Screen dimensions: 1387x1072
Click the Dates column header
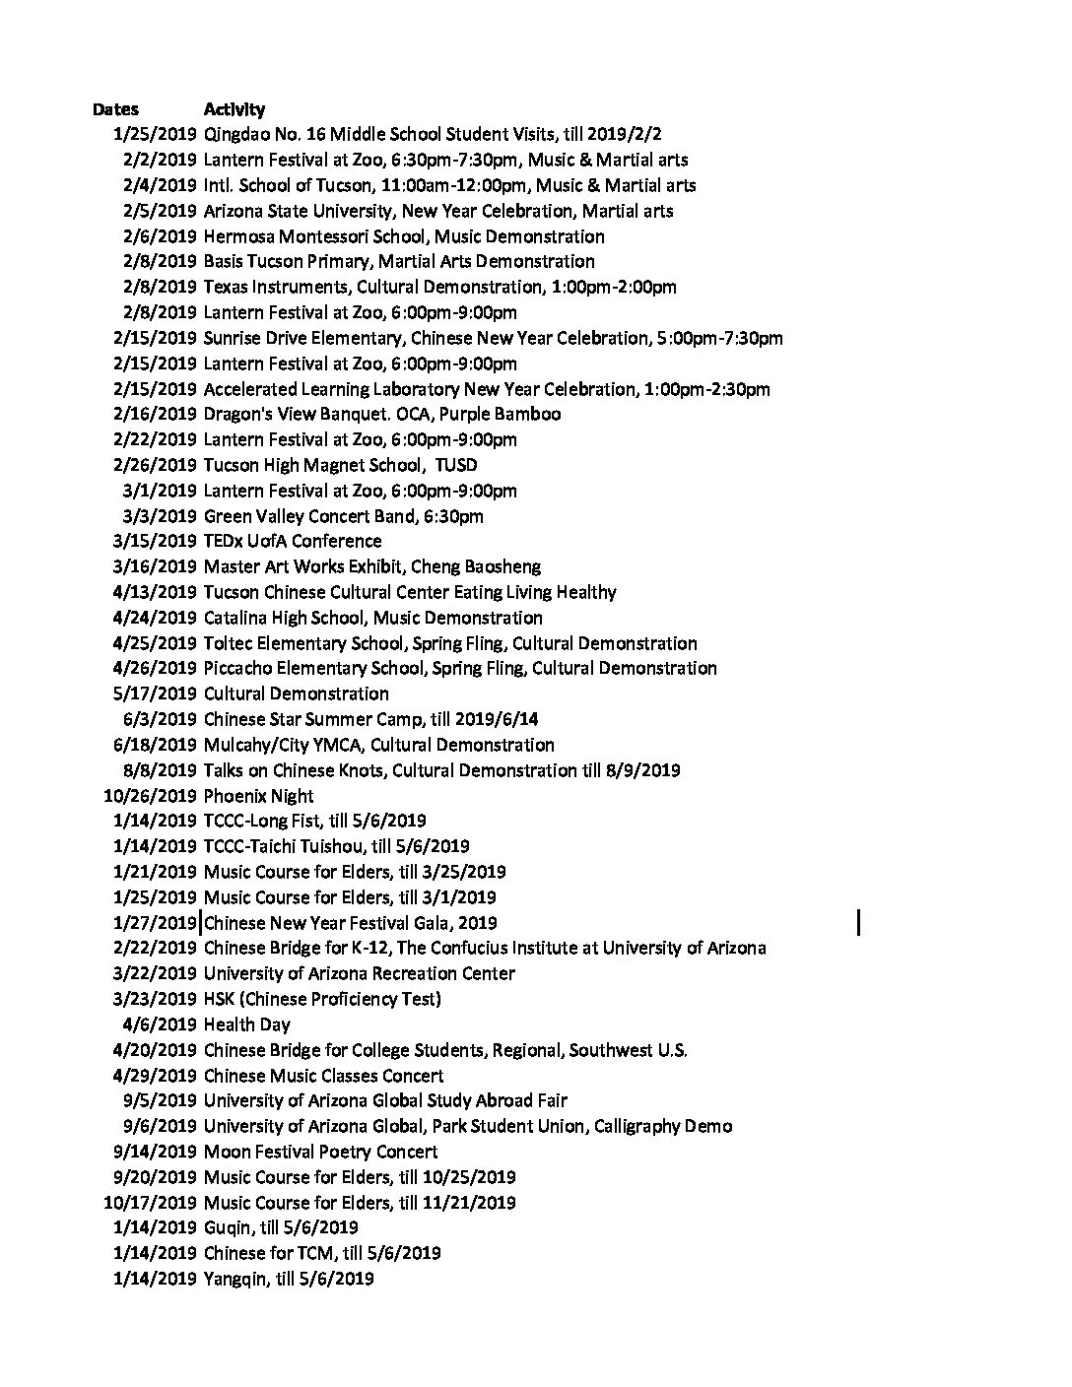pyautogui.click(x=115, y=109)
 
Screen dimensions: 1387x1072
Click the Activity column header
pyautogui.click(x=234, y=109)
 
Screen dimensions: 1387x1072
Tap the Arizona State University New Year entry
pyautogui.click(x=438, y=211)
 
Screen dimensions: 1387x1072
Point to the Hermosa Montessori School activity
pyautogui.click(x=404, y=236)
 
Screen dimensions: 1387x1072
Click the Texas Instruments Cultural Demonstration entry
pyautogui.click(x=439, y=288)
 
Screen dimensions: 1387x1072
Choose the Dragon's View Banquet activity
pyautogui.click(x=381, y=415)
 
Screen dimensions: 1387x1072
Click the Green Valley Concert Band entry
pyautogui.click(x=343, y=516)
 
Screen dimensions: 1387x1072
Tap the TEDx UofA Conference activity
pyautogui.click(x=292, y=542)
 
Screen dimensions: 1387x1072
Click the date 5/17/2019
pyautogui.click(x=155, y=694)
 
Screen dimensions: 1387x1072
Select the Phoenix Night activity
pyautogui.click(x=258, y=796)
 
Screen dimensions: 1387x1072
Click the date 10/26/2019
pyautogui.click(x=150, y=796)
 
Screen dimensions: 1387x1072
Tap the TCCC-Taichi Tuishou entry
pyautogui.click(x=336, y=847)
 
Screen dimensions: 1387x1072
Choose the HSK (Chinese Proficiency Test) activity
pyautogui.click(x=322, y=1000)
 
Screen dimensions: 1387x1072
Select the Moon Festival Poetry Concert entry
pyautogui.click(x=320, y=1153)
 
